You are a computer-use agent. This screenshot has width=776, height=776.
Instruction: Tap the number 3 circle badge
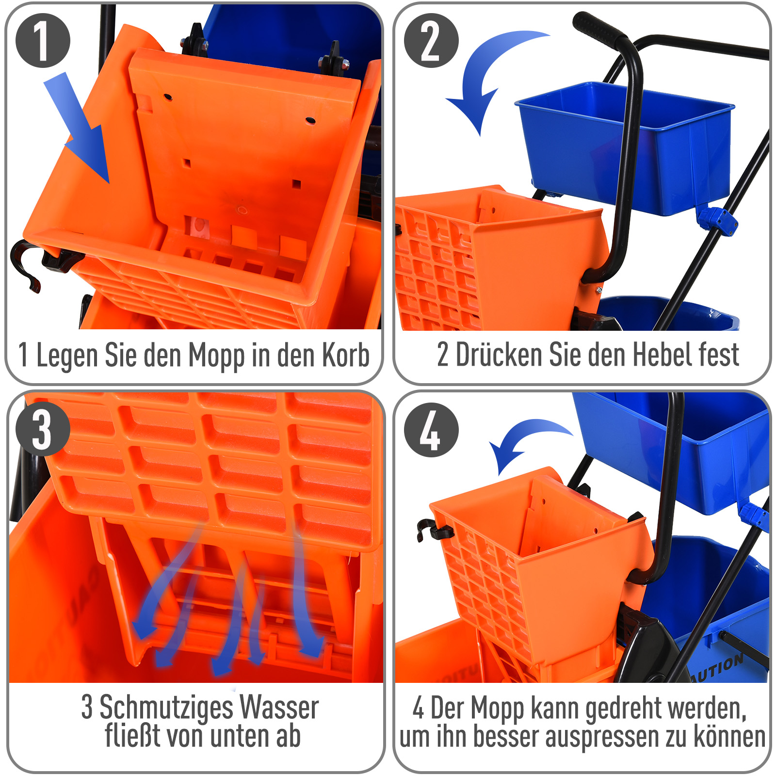[43, 429]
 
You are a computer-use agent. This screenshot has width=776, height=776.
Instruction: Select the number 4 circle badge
[431, 430]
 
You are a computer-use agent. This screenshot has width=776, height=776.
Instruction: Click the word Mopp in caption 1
[217, 356]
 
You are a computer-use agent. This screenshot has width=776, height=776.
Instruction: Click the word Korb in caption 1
[346, 355]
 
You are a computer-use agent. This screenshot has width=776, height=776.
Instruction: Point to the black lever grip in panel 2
[599, 29]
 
